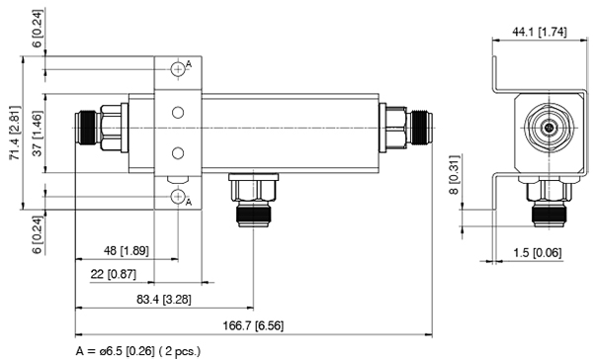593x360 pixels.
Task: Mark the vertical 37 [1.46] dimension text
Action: (x=37, y=128)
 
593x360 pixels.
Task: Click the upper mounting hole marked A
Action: (x=179, y=67)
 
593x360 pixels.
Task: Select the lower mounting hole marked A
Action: (x=179, y=197)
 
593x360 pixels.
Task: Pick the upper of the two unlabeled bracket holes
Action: (x=178, y=113)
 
